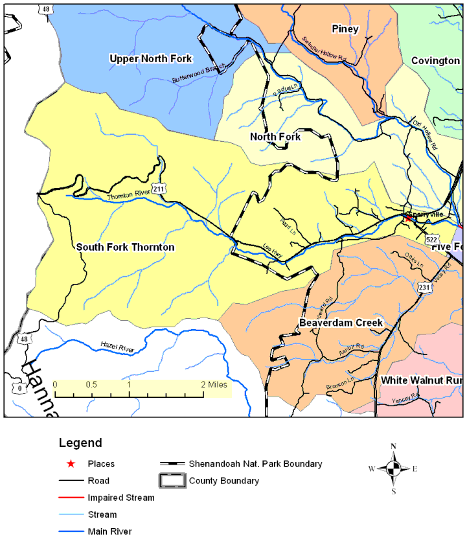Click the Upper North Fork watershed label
150,59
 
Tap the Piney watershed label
345,29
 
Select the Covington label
435,60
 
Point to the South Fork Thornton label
125,247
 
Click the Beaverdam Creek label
341,323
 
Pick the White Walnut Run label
421,380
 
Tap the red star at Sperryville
407,218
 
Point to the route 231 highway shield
424,287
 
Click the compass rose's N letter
393,446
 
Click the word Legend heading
80,443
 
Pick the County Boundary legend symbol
172,481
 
